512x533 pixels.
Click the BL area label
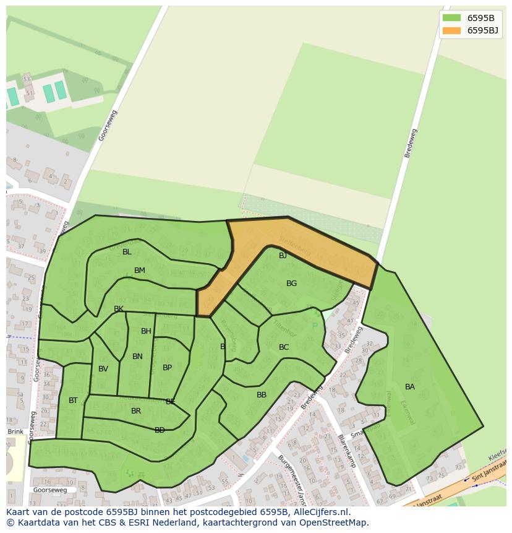(x=127, y=252)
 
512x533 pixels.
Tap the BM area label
(x=140, y=271)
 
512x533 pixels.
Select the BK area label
(x=119, y=309)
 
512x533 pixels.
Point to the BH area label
(x=146, y=331)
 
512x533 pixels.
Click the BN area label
(x=137, y=357)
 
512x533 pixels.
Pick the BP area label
(x=167, y=368)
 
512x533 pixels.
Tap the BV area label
(x=103, y=369)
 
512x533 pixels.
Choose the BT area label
(x=73, y=401)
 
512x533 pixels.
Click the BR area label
(x=136, y=411)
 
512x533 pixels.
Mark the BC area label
(x=284, y=347)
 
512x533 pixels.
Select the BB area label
(x=262, y=395)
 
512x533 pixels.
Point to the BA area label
(x=410, y=387)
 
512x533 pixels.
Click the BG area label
(x=291, y=284)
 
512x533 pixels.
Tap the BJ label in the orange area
(x=283, y=256)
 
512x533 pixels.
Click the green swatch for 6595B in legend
(x=451, y=18)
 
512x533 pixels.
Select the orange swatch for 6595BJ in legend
(x=451, y=30)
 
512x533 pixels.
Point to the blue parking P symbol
(x=315, y=326)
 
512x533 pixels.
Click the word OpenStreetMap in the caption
(x=335, y=522)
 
